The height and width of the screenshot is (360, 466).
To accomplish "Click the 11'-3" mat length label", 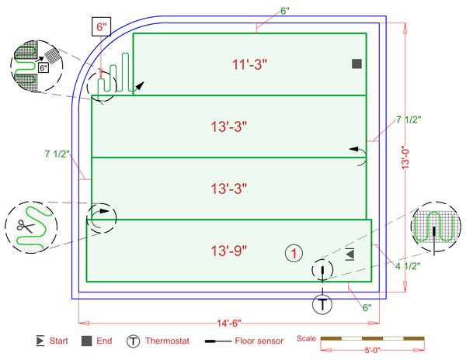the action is [x=249, y=64].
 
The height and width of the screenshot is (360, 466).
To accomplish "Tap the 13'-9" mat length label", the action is [x=229, y=251].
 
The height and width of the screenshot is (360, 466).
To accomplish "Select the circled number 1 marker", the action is [x=294, y=254].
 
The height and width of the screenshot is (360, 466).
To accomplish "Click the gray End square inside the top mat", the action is [x=356, y=64].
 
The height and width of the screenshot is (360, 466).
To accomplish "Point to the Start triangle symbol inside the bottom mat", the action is [x=349, y=254].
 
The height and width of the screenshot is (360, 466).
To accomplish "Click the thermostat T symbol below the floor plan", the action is [x=322, y=304].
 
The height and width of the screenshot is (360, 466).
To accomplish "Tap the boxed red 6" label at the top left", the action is [x=101, y=27].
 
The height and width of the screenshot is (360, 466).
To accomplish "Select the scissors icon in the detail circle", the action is [x=26, y=227].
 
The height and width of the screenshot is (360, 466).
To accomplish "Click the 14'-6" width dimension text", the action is [x=229, y=323].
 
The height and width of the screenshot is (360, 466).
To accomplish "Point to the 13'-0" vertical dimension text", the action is [x=405, y=157].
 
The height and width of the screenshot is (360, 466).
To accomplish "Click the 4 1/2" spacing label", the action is [x=408, y=266].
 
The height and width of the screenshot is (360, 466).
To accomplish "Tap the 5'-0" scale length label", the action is [x=372, y=350].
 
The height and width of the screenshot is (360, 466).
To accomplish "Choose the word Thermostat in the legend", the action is [x=167, y=341].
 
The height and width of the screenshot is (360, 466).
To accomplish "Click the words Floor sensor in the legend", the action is [x=259, y=341].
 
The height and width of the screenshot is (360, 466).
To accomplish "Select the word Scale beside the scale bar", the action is [x=306, y=338].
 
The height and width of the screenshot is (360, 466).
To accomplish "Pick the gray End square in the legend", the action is [x=86, y=341].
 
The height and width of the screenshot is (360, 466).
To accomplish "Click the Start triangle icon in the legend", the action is [x=40, y=341].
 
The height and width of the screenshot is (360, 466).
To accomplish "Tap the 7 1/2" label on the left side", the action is [x=57, y=154].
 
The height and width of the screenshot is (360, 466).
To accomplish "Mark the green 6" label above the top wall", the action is [x=285, y=11].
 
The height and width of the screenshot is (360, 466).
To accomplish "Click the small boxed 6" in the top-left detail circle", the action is [x=43, y=67].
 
